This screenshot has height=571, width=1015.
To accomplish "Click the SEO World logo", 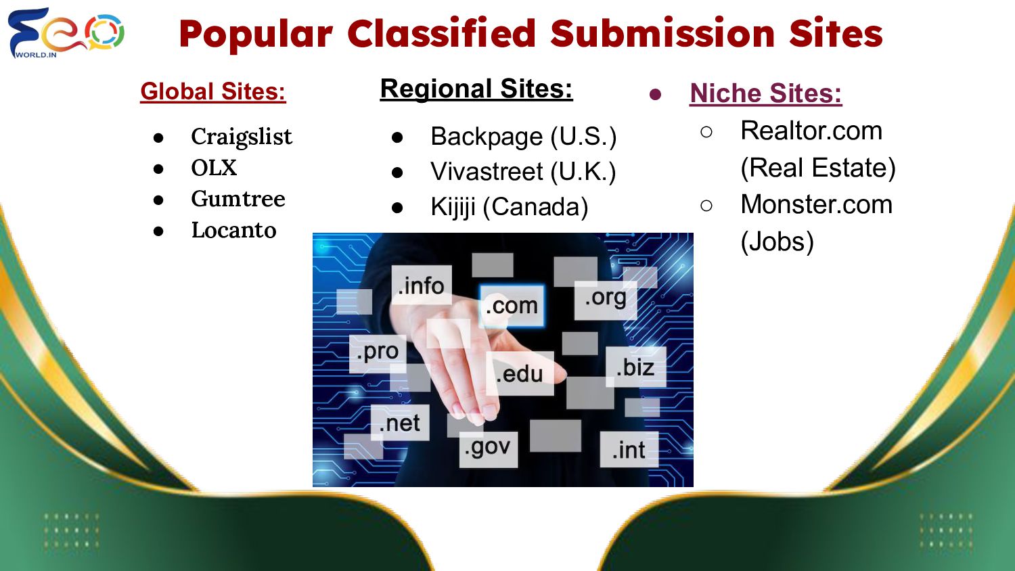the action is pos(66,32).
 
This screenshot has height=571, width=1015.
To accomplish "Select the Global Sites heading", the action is pos(213,91).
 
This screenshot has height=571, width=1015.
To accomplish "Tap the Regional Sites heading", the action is pos(476,89).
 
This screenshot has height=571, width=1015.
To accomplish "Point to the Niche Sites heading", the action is pos(765,93).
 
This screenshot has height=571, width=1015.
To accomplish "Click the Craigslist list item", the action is pos(242,137).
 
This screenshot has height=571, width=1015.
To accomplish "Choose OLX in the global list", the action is pos(214,168).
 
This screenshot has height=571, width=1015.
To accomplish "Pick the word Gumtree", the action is pos(238,199).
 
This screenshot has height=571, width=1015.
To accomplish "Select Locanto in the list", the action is pos(233,230).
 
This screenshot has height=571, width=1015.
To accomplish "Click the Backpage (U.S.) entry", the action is pos(523,137).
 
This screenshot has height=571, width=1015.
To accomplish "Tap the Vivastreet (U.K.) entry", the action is pos(523,172).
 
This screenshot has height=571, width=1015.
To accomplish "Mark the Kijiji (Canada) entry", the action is pos(509,207).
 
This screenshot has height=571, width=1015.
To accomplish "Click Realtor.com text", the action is pos(811,131).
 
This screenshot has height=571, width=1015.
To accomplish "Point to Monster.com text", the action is pos(816,204).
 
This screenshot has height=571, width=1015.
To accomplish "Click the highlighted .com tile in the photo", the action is pos(512,306).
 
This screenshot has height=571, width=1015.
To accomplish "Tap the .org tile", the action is pos(606,298).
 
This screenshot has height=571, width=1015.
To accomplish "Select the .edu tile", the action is pos(519,373).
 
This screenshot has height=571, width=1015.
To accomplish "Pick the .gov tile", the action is pos(488,448).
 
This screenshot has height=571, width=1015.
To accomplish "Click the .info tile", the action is pos(421,285).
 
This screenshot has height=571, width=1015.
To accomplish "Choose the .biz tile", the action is pos(635,367).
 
